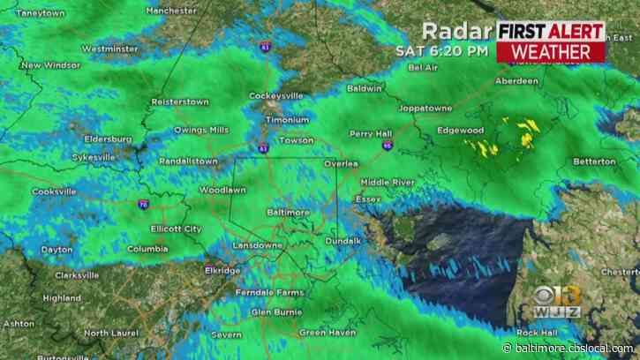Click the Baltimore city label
click(288, 213)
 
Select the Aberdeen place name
click(516, 81)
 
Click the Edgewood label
click(460, 131)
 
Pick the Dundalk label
click(343, 240)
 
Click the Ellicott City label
click(176, 229)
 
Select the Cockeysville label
click(291, 94)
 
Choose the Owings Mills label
click(200, 130)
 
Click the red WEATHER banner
click(550, 51)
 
